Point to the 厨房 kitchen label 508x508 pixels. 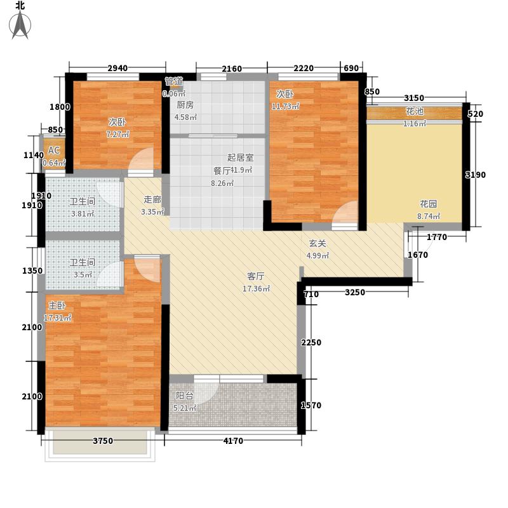tap(185, 105)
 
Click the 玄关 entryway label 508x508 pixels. tap(317, 243)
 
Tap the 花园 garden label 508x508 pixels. tap(427, 204)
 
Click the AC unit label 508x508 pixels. tap(54, 150)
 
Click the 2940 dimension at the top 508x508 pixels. tap(117, 69)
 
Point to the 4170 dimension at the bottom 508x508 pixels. tap(232, 441)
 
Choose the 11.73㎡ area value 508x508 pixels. tap(284, 106)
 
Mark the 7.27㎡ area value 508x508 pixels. tap(118, 135)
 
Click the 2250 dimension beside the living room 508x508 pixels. tap(311, 343)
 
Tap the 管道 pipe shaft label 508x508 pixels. tap(174, 81)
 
